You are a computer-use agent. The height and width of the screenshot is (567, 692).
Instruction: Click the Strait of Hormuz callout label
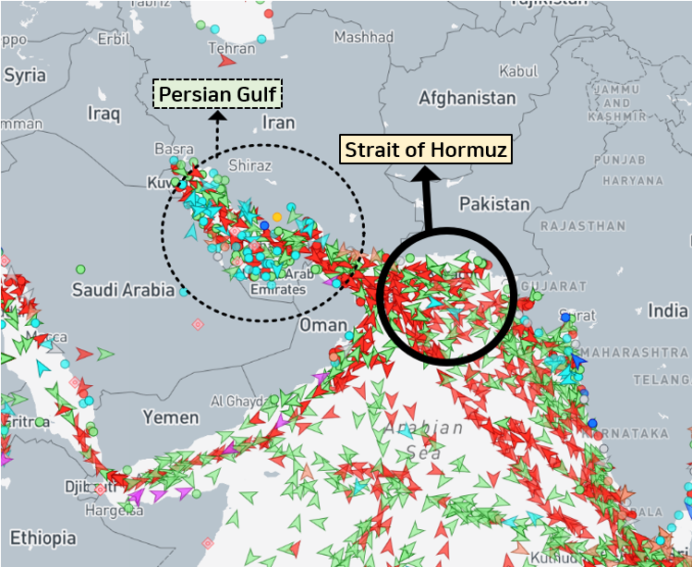point(426,150)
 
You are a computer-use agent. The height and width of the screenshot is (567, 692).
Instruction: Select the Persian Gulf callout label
point(218,94)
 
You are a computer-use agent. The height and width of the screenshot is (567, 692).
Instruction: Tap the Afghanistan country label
point(467,97)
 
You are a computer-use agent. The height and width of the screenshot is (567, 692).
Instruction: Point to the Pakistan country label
point(494,203)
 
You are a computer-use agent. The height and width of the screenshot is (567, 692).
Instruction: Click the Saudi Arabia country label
point(123,290)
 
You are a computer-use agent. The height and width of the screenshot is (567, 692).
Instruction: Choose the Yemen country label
point(171,417)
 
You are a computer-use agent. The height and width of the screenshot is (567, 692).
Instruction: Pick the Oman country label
point(322,325)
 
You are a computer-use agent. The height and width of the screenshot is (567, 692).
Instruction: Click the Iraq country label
point(103,113)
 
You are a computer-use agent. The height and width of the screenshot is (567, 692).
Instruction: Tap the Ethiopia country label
point(43,537)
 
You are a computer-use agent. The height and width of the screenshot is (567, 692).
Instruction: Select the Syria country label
point(24,75)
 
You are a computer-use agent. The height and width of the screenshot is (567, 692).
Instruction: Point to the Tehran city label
point(231,48)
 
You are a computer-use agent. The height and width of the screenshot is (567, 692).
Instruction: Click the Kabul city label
point(517,71)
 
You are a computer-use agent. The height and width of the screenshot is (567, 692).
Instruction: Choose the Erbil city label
point(114,39)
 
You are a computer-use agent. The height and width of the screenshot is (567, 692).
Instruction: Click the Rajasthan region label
point(582,225)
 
